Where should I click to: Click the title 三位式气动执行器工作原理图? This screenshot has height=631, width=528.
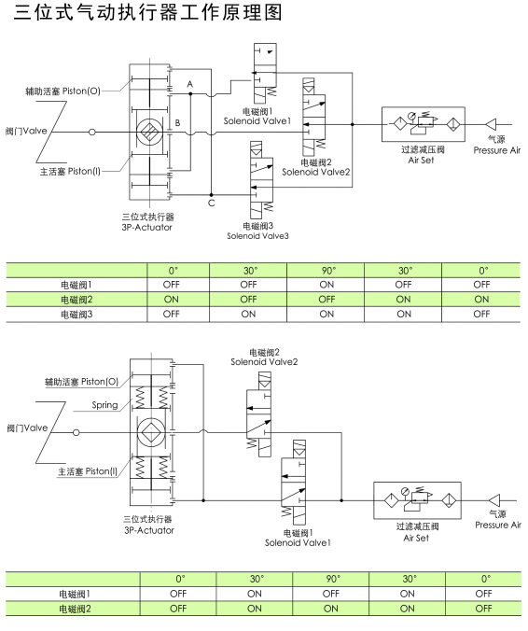(146, 15)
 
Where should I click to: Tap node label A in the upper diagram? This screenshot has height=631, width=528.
(189, 85)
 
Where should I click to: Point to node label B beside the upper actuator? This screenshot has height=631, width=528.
(177, 123)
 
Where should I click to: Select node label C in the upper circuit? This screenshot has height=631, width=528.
(211, 203)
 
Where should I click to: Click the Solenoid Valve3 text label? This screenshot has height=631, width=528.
(257, 236)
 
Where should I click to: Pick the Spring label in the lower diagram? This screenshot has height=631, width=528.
(104, 405)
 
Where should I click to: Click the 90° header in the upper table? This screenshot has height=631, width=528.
(327, 270)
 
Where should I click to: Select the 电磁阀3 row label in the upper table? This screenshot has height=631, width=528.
(76, 314)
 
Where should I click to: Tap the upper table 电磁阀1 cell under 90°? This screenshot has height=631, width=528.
(327, 284)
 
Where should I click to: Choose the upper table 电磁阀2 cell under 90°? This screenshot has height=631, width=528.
(327, 299)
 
